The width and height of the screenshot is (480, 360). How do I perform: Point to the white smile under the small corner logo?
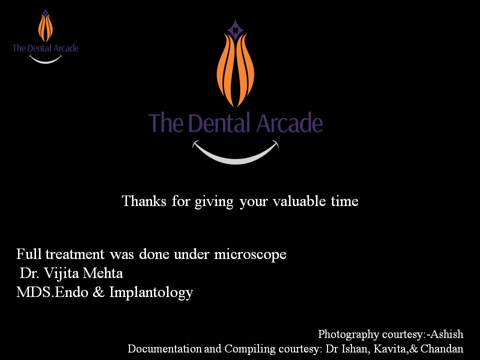(45, 60)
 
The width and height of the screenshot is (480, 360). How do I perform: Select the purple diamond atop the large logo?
(235, 30)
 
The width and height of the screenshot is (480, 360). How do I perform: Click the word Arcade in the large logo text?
(289, 122)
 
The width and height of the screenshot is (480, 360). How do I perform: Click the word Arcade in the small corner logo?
(66, 48)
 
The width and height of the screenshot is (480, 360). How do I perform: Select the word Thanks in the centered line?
(144, 201)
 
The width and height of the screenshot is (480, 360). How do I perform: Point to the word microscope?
(250, 254)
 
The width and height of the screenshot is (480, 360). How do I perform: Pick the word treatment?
(75, 254)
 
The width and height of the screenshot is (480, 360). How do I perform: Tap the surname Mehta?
(103, 273)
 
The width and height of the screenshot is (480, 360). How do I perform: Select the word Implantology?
(151, 292)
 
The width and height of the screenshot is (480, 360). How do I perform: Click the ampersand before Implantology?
(98, 292)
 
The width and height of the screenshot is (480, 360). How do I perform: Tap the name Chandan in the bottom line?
(442, 348)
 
